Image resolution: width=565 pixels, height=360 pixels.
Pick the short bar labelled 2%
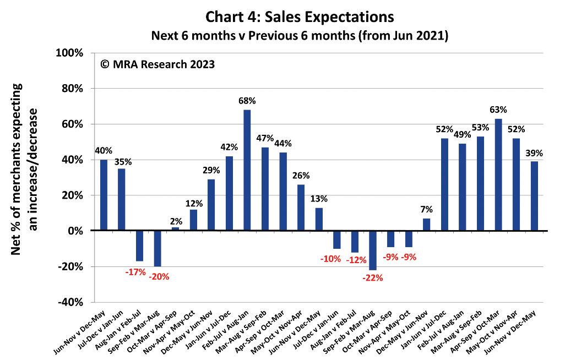[x=176, y=228]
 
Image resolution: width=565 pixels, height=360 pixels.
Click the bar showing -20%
[x=157, y=248]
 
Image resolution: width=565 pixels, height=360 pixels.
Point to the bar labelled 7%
[x=426, y=225]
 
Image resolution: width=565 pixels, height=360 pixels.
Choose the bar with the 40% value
[x=104, y=195]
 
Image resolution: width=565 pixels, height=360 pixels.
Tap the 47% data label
[x=265, y=138]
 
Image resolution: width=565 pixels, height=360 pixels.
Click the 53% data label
[x=481, y=128]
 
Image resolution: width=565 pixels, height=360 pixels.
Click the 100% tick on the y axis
[x=69, y=53]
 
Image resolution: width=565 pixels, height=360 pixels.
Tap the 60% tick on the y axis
[x=71, y=124]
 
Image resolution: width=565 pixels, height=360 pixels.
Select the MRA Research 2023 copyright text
[x=157, y=64]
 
